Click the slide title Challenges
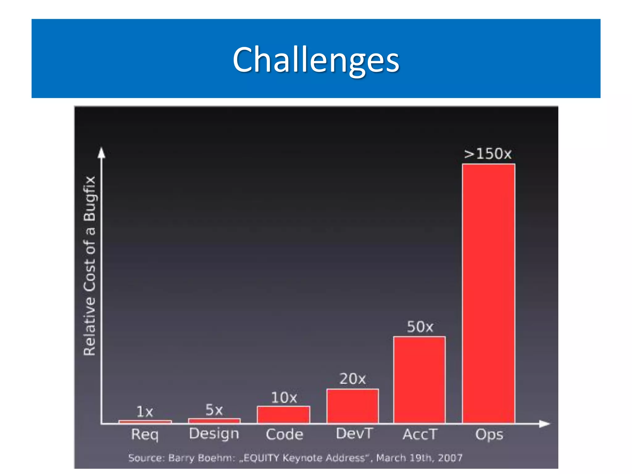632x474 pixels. click(316, 59)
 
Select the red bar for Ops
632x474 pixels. click(488, 293)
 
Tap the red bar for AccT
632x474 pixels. click(419, 380)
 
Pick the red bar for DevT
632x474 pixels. click(352, 406)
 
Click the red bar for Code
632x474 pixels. click(283, 414)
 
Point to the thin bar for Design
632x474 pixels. click(214, 421)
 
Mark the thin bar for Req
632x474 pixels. click(145, 422)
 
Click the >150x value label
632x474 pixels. click(488, 154)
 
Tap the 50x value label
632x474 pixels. click(420, 327)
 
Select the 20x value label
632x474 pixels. click(352, 379)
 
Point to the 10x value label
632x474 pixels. click(284, 398)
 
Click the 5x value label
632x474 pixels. click(214, 410)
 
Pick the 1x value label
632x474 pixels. click(144, 412)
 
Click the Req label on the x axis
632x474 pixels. click(145, 434)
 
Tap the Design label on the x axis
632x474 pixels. click(214, 434)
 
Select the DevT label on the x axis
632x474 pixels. click(354, 434)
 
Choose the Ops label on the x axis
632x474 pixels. click(489, 434)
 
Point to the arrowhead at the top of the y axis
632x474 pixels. click(102, 153)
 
